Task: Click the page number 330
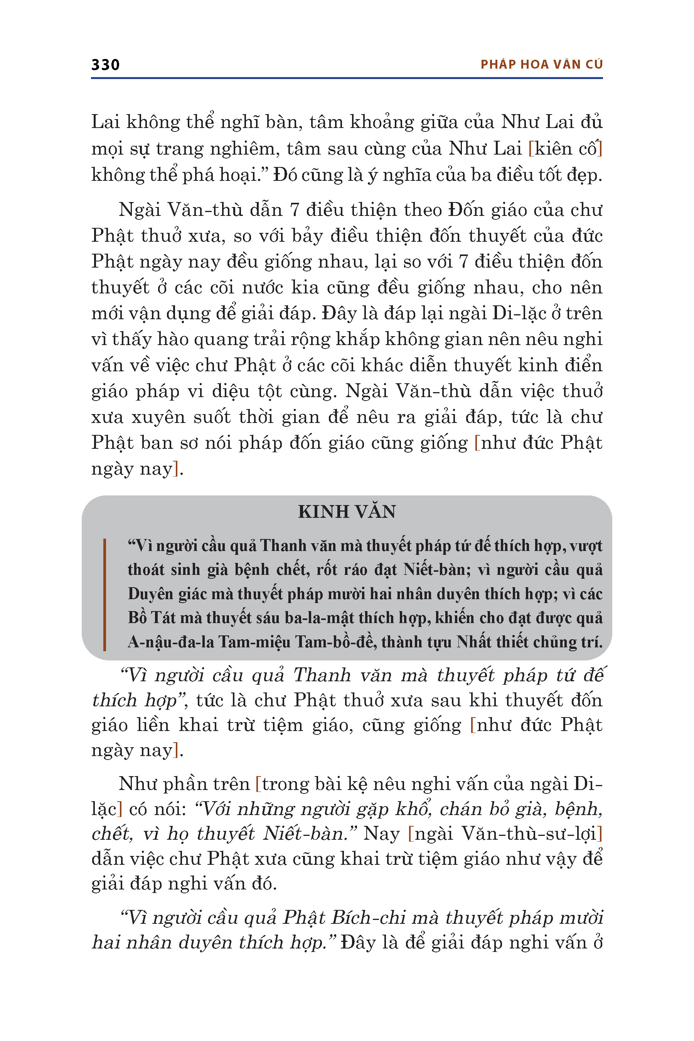click(105, 65)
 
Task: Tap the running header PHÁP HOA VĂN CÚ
click(541, 65)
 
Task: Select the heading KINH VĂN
click(347, 512)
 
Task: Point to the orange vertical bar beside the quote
click(104, 595)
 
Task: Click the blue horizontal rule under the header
click(347, 78)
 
